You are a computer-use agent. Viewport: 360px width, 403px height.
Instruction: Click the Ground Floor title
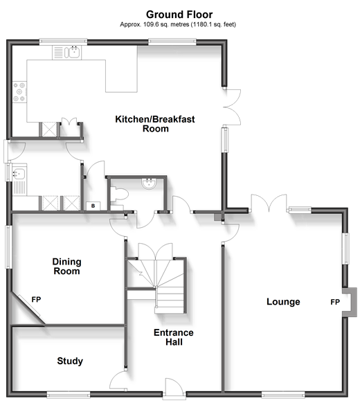(x=179, y=15)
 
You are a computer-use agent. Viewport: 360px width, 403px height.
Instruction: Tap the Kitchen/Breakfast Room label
(x=155, y=124)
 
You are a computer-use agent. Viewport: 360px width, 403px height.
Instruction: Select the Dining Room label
(x=67, y=267)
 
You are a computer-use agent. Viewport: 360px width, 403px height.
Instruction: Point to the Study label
(x=70, y=361)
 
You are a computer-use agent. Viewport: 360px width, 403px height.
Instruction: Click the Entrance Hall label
(x=174, y=337)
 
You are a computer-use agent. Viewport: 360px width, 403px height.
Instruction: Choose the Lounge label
(x=283, y=301)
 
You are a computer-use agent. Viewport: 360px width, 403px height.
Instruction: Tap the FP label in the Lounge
(x=335, y=302)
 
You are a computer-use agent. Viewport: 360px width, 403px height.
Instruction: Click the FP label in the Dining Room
(x=36, y=299)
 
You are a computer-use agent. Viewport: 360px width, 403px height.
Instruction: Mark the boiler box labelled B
(x=93, y=206)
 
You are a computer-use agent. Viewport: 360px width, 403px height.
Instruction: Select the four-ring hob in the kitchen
(x=19, y=92)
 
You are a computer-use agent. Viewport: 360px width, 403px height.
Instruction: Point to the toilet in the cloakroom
(x=119, y=195)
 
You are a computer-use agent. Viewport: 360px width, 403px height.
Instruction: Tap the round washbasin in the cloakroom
(x=149, y=183)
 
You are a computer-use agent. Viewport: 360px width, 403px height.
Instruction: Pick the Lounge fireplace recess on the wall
(x=350, y=302)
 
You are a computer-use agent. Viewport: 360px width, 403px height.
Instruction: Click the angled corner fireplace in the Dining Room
(x=29, y=310)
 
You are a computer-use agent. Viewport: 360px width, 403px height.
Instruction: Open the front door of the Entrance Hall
(x=174, y=388)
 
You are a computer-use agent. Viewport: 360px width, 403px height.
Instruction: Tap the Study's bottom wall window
(x=69, y=394)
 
